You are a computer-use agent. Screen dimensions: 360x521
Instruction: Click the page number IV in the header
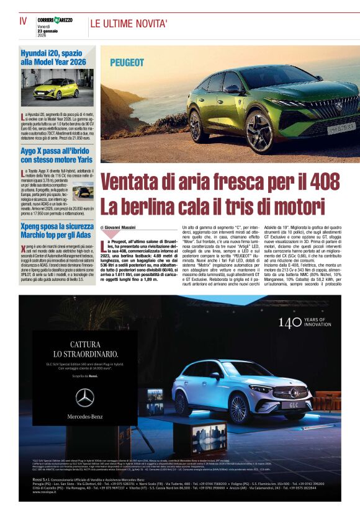tap(23, 20)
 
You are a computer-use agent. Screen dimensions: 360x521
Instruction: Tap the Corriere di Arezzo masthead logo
tap(55, 20)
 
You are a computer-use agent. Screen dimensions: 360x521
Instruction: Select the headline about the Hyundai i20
tap(53, 58)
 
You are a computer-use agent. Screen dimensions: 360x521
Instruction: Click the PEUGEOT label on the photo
tap(127, 63)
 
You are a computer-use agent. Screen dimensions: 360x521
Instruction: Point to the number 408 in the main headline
tap(318, 182)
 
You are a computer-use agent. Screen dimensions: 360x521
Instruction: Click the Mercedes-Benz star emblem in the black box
tap(85, 398)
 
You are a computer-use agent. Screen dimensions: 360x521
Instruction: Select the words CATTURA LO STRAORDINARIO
tap(85, 350)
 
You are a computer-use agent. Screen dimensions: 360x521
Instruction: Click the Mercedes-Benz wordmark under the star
tap(85, 416)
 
